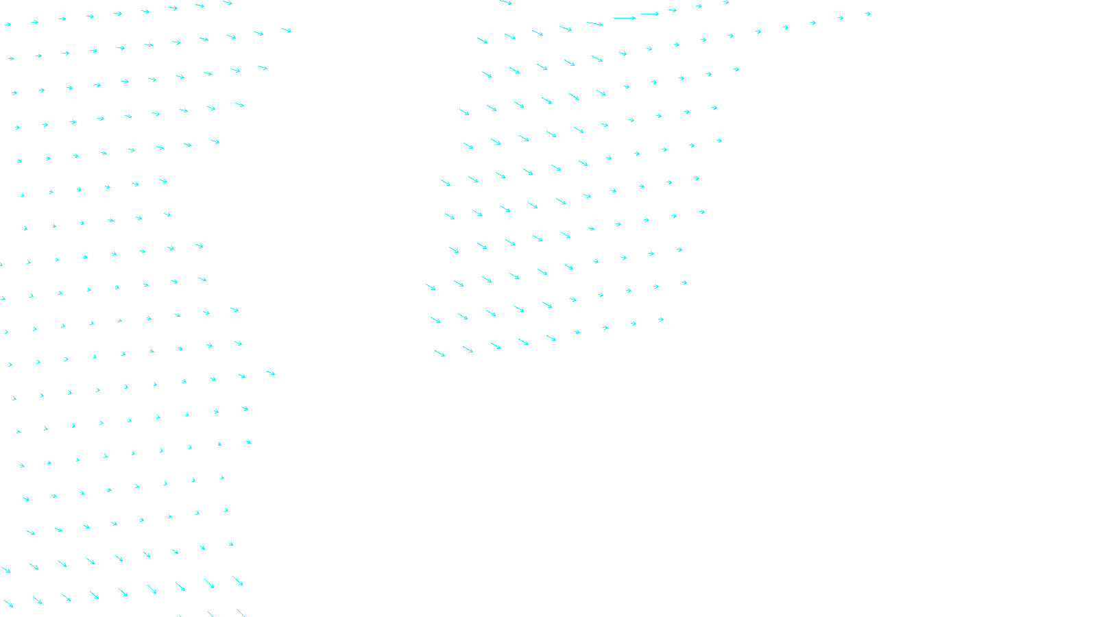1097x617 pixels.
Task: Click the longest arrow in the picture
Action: [625, 18]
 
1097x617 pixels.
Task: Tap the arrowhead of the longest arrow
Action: [635, 18]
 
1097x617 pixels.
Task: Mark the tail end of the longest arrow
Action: [614, 18]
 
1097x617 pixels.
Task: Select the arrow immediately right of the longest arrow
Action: [650, 14]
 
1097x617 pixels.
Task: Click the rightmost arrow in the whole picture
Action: [868, 14]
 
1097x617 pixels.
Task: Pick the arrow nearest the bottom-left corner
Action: [8, 604]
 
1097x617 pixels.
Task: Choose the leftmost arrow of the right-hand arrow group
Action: [431, 287]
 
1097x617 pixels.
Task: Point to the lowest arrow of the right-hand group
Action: [439, 354]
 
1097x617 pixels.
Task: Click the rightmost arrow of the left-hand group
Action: [287, 30]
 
